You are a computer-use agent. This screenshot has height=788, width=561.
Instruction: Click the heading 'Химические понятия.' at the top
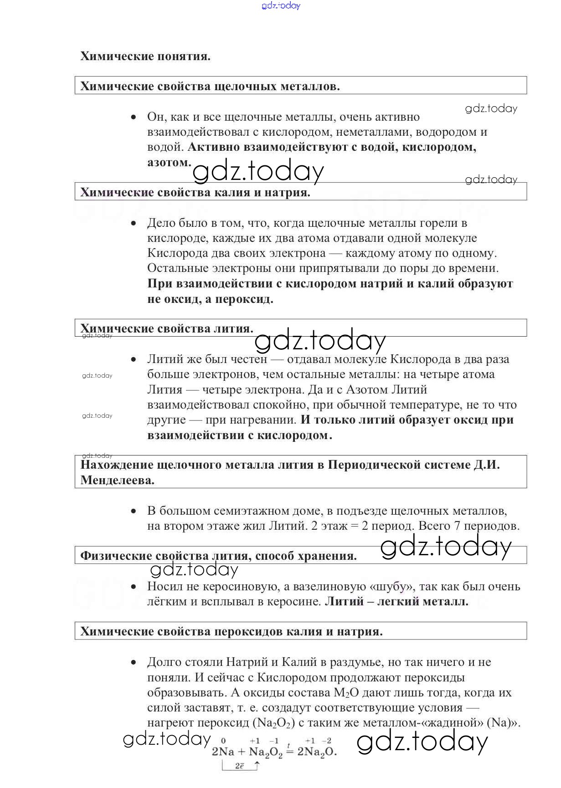coord(145,56)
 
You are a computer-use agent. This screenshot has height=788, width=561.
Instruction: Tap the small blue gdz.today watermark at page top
coord(281,5)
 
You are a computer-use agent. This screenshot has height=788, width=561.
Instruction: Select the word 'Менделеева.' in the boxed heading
coord(118,480)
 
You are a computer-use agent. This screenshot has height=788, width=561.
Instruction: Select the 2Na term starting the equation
coord(223,752)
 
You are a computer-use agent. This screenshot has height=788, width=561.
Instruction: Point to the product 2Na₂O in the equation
coord(317,752)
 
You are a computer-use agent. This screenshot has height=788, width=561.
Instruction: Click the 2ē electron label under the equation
coord(240,766)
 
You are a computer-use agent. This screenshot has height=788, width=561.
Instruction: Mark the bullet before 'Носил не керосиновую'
coord(134,587)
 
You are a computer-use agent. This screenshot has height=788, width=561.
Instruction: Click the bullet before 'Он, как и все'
coord(134,117)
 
